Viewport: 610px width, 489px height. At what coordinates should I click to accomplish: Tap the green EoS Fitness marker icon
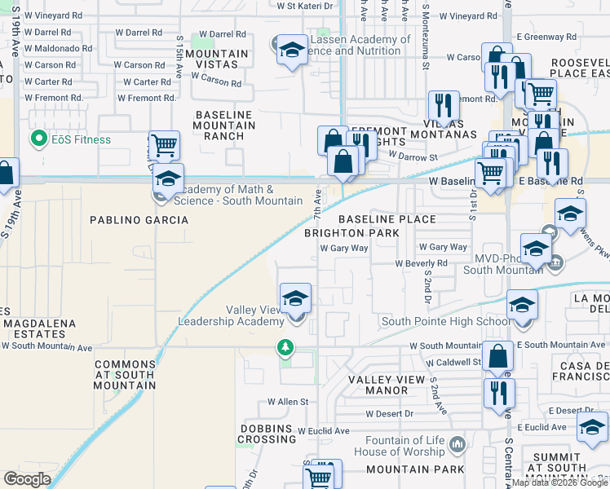tap(37, 139)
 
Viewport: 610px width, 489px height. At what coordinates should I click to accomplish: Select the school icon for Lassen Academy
tap(291, 51)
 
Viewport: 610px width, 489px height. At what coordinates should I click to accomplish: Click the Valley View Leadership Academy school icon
tap(296, 298)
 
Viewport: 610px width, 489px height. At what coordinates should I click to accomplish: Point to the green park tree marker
tap(285, 348)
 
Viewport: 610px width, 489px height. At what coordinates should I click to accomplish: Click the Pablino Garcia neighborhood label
tap(139, 220)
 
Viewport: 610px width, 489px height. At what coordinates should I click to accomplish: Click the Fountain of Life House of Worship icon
tap(457, 445)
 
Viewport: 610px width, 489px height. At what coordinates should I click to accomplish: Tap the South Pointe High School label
tap(444, 321)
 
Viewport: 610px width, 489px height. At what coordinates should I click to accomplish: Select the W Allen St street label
tap(289, 402)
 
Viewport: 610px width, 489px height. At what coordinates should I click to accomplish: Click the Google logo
tap(27, 479)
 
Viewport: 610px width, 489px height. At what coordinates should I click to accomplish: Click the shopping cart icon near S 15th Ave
tap(164, 146)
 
